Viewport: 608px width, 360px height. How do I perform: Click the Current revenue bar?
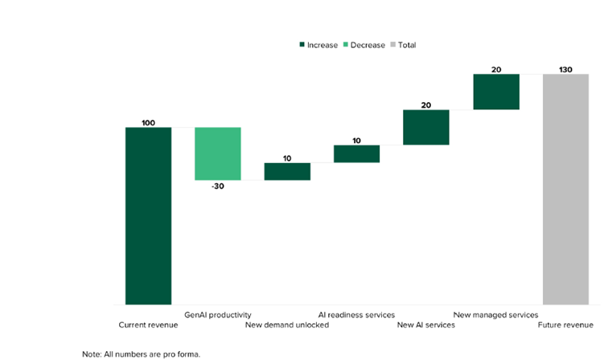[148, 215]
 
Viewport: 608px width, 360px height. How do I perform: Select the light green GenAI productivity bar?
[218, 153]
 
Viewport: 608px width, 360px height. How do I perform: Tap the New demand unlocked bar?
[287, 171]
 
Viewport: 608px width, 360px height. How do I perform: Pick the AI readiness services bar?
[356, 153]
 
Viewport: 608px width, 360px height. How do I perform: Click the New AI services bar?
[426, 127]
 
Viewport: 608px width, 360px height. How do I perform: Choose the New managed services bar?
[495, 92]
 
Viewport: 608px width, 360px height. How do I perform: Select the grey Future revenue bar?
[565, 189]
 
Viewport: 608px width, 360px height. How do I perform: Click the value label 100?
[148, 123]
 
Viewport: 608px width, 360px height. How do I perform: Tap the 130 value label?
[565, 70]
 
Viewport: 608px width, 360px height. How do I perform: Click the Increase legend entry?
[318, 45]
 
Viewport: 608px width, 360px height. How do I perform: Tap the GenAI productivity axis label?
[218, 315]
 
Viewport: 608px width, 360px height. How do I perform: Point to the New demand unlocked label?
[287, 325]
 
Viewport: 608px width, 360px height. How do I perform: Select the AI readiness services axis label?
[356, 315]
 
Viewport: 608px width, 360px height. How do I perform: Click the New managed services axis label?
[495, 315]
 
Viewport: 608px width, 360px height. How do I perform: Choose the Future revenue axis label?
[565, 325]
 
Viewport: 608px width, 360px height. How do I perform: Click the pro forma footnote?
[141, 354]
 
